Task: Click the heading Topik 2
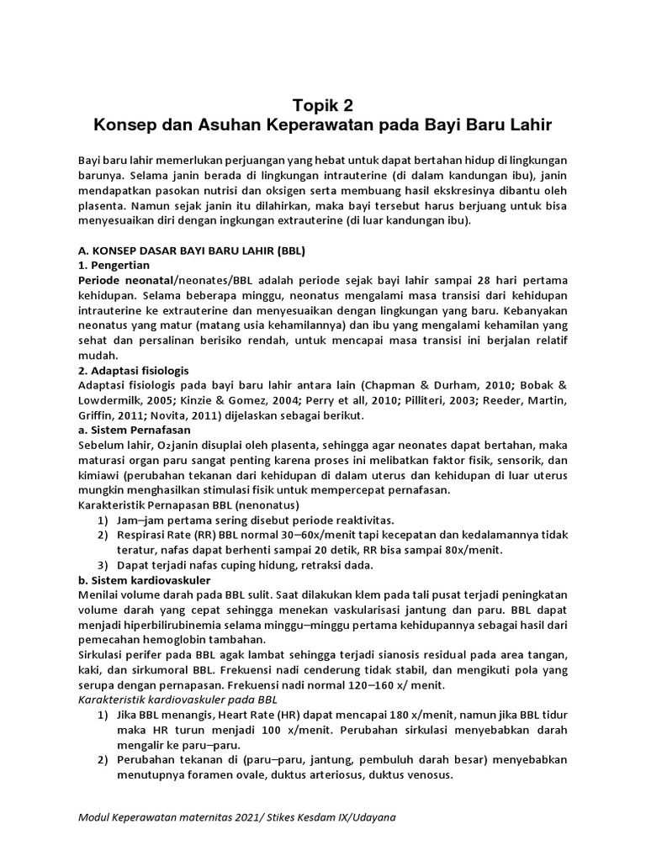[323, 105]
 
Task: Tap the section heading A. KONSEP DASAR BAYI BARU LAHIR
[191, 250]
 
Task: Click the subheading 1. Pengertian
[114, 265]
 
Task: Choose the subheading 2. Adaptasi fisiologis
[133, 370]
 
